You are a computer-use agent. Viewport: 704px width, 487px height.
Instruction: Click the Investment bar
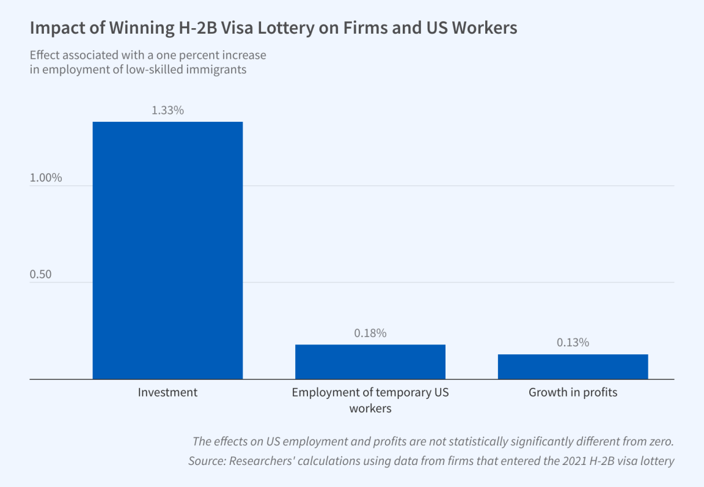(x=167, y=250)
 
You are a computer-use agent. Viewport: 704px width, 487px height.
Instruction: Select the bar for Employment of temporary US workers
(x=370, y=362)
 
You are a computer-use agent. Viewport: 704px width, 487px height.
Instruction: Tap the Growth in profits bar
(x=573, y=367)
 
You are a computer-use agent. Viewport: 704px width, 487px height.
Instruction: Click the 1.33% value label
(x=167, y=111)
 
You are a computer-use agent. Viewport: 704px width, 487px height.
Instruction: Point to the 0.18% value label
(x=370, y=333)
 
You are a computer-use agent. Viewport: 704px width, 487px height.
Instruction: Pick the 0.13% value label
(x=573, y=343)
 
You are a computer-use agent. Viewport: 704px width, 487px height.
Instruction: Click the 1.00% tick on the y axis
(x=46, y=177)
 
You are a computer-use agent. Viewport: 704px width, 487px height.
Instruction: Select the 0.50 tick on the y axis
(x=40, y=274)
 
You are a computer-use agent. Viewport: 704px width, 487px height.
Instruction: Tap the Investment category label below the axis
(x=167, y=393)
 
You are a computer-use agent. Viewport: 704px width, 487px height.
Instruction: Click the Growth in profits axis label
(x=573, y=393)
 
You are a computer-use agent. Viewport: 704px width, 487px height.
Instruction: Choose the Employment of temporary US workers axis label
(x=370, y=400)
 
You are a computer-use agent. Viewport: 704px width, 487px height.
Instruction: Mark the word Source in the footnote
(x=206, y=461)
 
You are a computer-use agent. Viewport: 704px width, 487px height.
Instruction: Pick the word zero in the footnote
(x=661, y=441)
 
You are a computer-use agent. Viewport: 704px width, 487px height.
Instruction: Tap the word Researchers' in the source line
(x=260, y=461)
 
